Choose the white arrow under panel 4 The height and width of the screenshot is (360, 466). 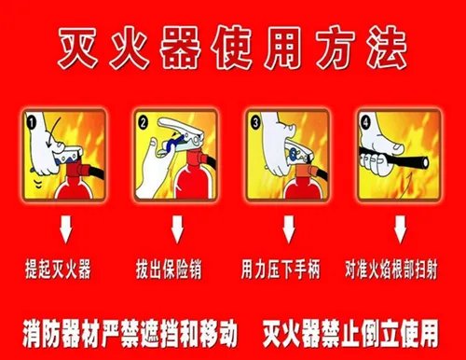(x=400, y=229)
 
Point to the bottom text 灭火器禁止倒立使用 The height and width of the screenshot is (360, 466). (x=359, y=329)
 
